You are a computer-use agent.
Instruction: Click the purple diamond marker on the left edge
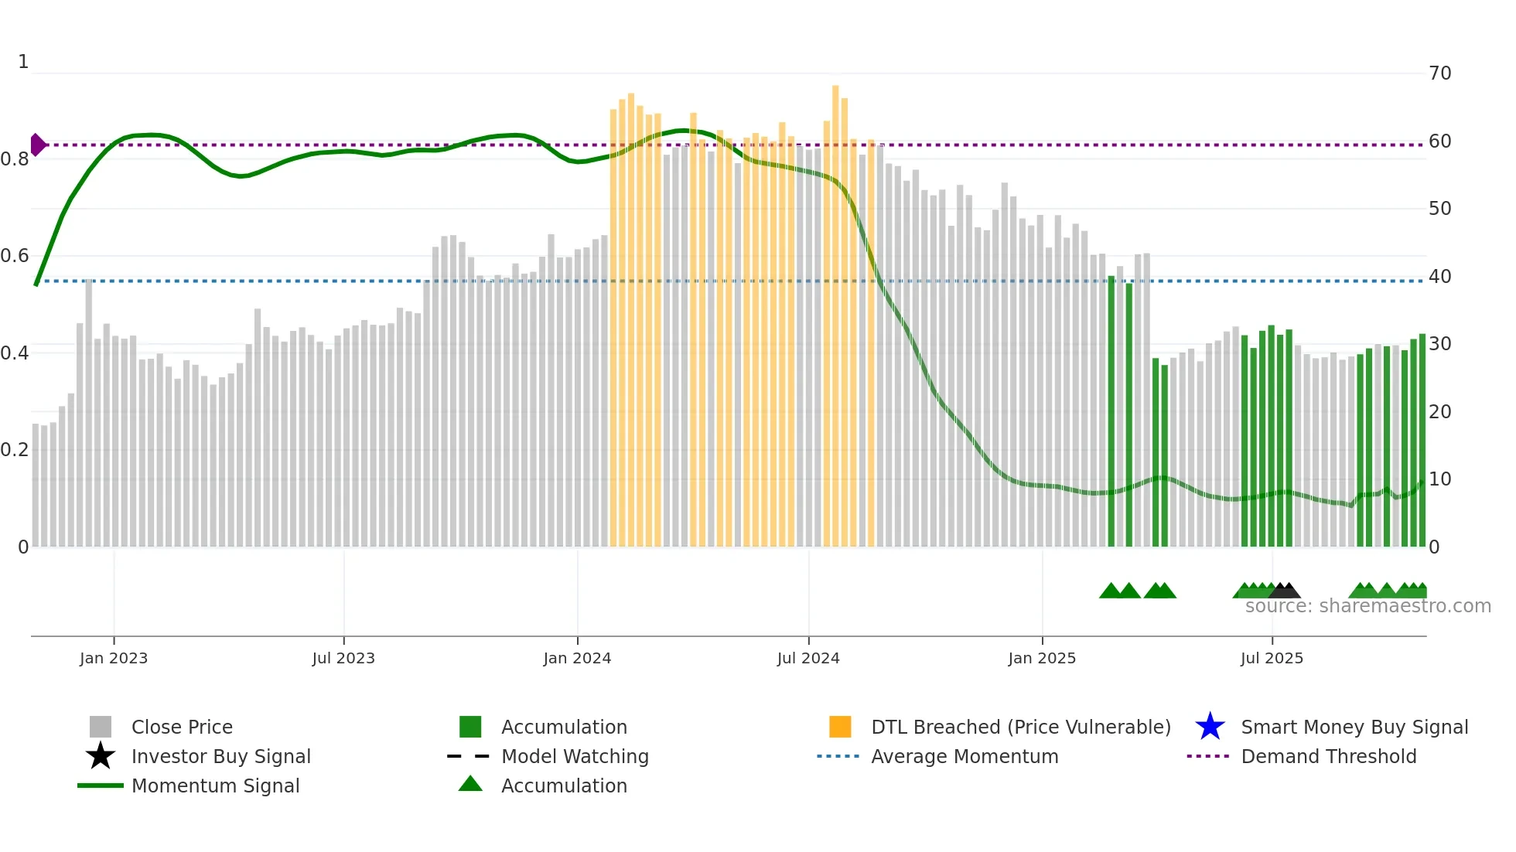pos(37,145)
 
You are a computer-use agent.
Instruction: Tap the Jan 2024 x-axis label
pos(577,658)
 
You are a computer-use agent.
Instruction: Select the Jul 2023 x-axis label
pos(343,658)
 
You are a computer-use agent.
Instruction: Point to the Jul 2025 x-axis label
pos(1272,658)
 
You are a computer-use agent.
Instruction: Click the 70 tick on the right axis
pos(1439,73)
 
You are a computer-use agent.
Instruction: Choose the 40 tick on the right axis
pos(1439,277)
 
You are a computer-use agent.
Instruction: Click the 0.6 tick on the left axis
pos(15,256)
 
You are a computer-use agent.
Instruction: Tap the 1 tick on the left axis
pos(23,62)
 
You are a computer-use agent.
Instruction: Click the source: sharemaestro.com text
pos(1367,606)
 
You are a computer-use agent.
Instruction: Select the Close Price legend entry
pos(182,727)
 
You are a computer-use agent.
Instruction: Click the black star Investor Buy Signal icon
pos(101,756)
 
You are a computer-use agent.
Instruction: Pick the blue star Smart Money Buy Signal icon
pos(1210,727)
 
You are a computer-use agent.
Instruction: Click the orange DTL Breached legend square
pos(840,727)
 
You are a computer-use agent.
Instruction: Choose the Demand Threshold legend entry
pos(1328,756)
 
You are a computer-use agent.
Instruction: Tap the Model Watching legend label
pos(575,756)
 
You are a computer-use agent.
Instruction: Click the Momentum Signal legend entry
pos(215,786)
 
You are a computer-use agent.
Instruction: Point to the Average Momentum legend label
pos(965,756)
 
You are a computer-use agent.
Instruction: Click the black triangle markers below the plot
pos(1284,591)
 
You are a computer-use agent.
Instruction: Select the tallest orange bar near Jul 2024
pos(835,309)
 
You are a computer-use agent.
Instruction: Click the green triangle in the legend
pos(470,784)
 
